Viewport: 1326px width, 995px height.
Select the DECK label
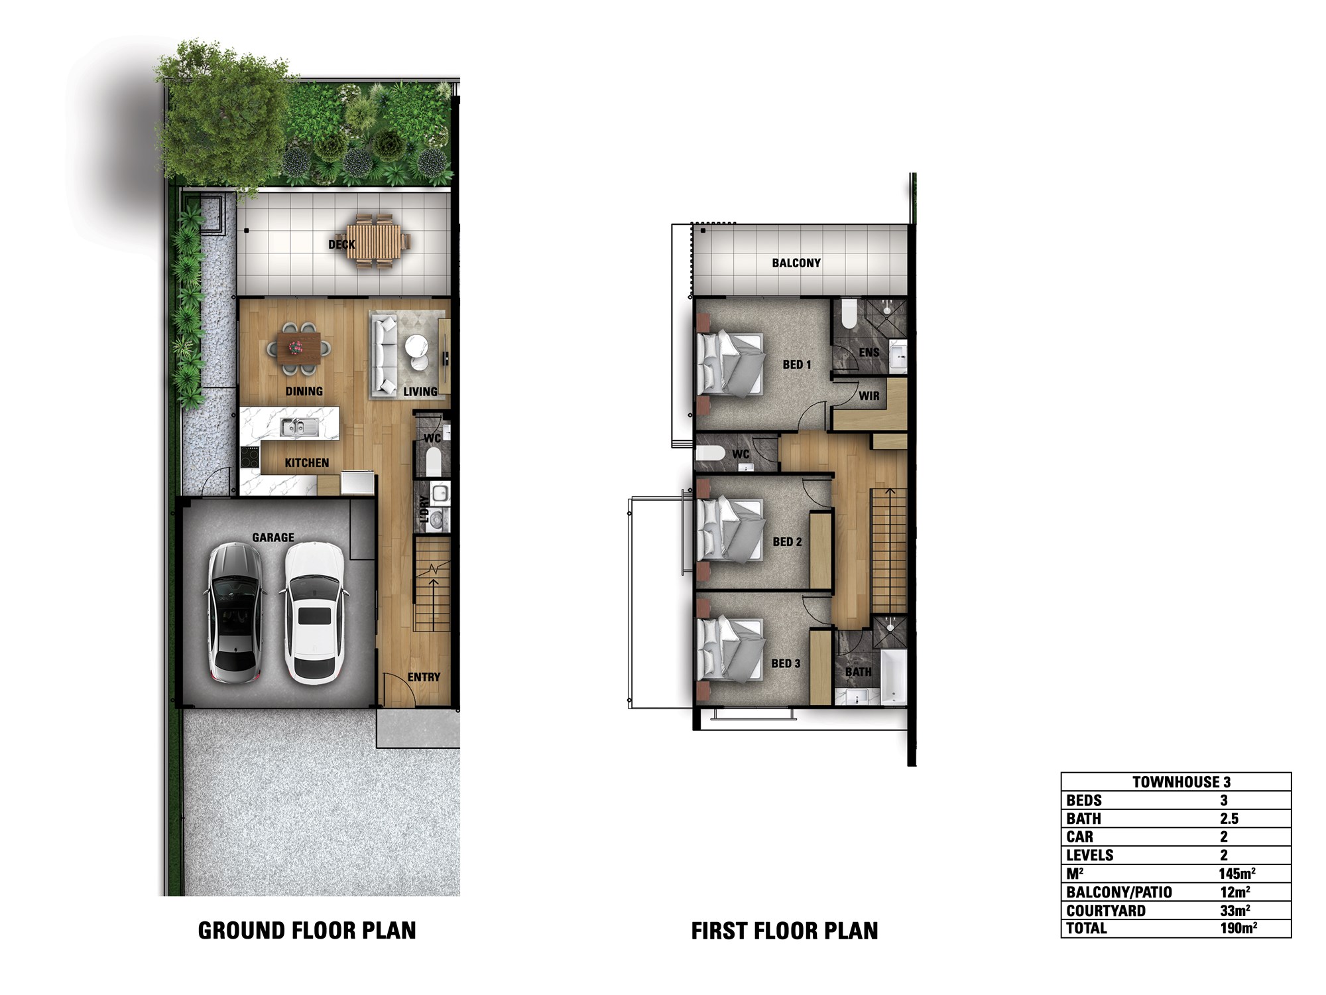click(341, 245)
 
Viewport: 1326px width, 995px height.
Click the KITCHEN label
click(307, 463)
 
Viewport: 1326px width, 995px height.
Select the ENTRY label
click(424, 677)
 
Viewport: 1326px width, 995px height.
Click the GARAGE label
click(273, 537)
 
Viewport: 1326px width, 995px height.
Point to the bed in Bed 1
click(729, 364)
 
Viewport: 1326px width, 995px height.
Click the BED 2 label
click(787, 542)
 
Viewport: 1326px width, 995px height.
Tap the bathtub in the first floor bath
click(892, 677)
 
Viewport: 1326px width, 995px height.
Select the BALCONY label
click(796, 263)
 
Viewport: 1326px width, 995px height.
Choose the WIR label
click(869, 396)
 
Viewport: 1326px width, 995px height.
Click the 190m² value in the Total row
click(1238, 928)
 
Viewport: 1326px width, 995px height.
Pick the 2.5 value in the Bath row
click(1229, 819)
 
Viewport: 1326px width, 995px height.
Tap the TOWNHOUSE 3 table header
click(1181, 782)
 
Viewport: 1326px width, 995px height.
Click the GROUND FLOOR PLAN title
click(307, 931)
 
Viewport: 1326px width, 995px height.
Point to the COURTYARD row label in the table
click(1106, 911)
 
